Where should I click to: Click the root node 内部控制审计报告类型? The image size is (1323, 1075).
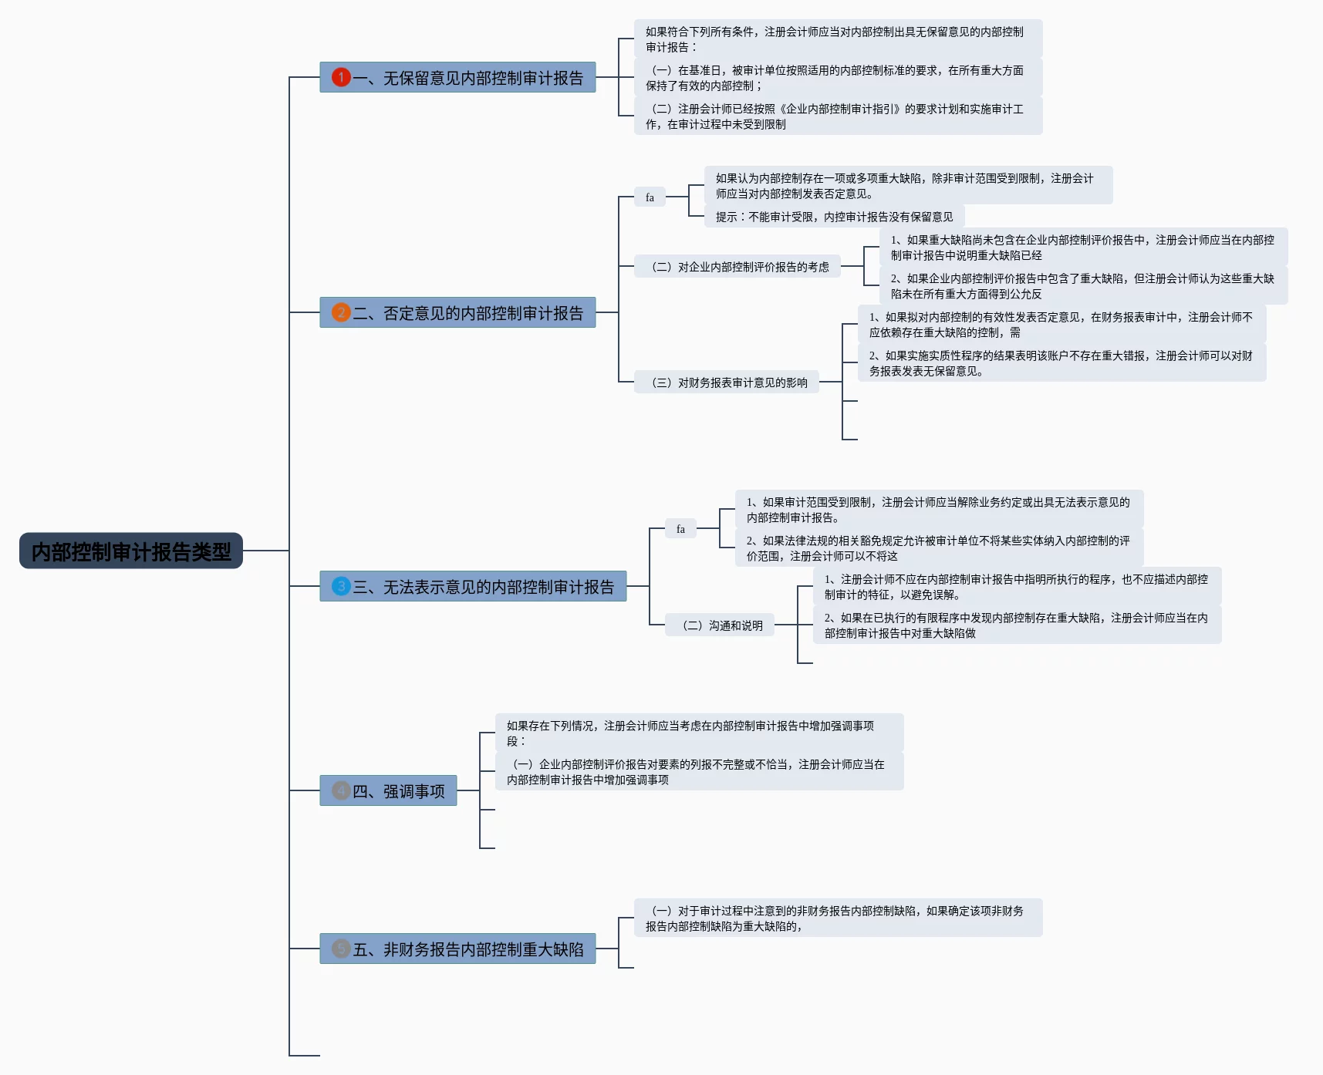[131, 551]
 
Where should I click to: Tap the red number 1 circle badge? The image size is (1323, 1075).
[341, 77]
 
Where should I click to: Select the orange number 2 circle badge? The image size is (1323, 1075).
[341, 312]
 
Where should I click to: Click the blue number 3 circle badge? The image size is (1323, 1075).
[341, 586]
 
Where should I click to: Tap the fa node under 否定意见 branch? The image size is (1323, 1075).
[650, 197]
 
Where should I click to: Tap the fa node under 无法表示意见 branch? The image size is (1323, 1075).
[680, 529]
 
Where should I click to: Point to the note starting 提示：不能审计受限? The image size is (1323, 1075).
[834, 217]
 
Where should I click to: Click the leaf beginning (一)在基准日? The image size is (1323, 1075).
[838, 78]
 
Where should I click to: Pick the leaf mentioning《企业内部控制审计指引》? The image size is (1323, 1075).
[838, 116]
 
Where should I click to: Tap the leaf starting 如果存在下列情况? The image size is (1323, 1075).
[699, 733]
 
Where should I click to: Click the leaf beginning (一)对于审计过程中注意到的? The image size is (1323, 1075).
[838, 918]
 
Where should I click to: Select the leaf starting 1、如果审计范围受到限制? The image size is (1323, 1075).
[938, 510]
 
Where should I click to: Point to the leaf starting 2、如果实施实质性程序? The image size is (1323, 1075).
[1061, 363]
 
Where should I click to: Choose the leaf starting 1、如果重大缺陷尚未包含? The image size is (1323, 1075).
[1083, 248]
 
